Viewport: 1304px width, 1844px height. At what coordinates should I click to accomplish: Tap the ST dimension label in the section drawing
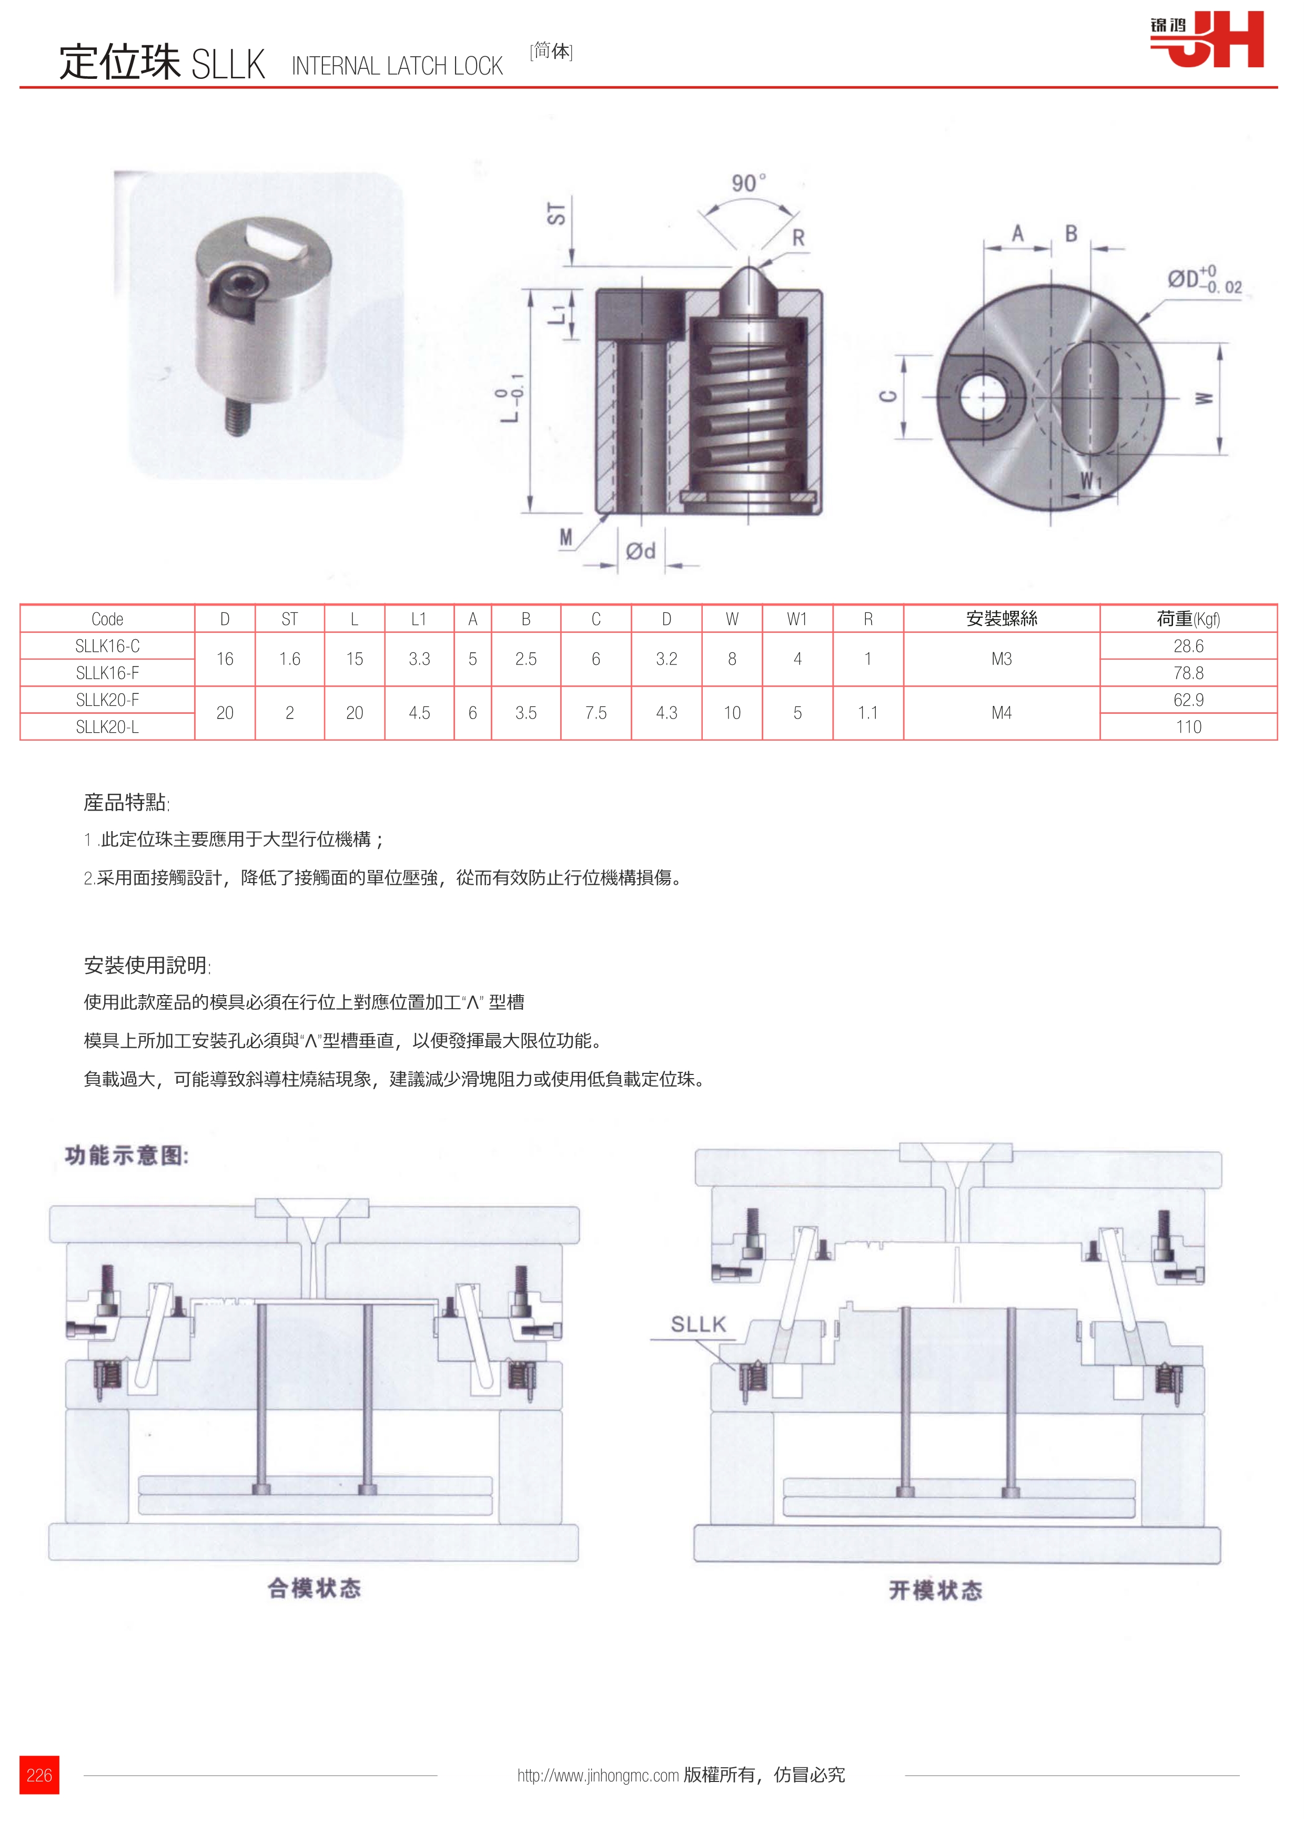pyautogui.click(x=556, y=213)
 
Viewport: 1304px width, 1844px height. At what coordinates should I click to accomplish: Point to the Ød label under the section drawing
pyautogui.click(x=640, y=551)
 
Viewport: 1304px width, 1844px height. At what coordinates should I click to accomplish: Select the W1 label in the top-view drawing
pyautogui.click(x=1090, y=481)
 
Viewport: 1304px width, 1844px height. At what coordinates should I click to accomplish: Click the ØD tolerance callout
pyautogui.click(x=1203, y=280)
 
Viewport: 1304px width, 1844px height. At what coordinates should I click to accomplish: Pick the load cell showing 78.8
pyautogui.click(x=1188, y=673)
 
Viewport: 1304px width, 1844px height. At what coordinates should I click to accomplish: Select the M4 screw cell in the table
pyautogui.click(x=1001, y=713)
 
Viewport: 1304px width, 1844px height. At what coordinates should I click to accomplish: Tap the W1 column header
pyautogui.click(x=796, y=619)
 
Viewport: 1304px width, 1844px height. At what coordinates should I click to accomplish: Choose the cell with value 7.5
pyautogui.click(x=595, y=713)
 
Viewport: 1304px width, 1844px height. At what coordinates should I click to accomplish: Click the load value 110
pyautogui.click(x=1188, y=727)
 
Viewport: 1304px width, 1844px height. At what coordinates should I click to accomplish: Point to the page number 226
pyautogui.click(x=39, y=1775)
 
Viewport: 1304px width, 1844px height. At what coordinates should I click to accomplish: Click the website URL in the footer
pyautogui.click(x=598, y=1776)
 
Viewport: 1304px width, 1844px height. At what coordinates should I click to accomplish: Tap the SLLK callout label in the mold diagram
pyautogui.click(x=698, y=1324)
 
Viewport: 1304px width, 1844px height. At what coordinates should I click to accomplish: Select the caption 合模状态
pyautogui.click(x=314, y=1588)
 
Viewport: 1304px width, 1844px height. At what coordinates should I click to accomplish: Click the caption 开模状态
pyautogui.click(x=935, y=1590)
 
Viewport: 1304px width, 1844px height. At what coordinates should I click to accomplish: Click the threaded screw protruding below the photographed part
pyautogui.click(x=236, y=417)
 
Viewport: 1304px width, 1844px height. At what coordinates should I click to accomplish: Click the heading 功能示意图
pyautogui.click(x=127, y=1156)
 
